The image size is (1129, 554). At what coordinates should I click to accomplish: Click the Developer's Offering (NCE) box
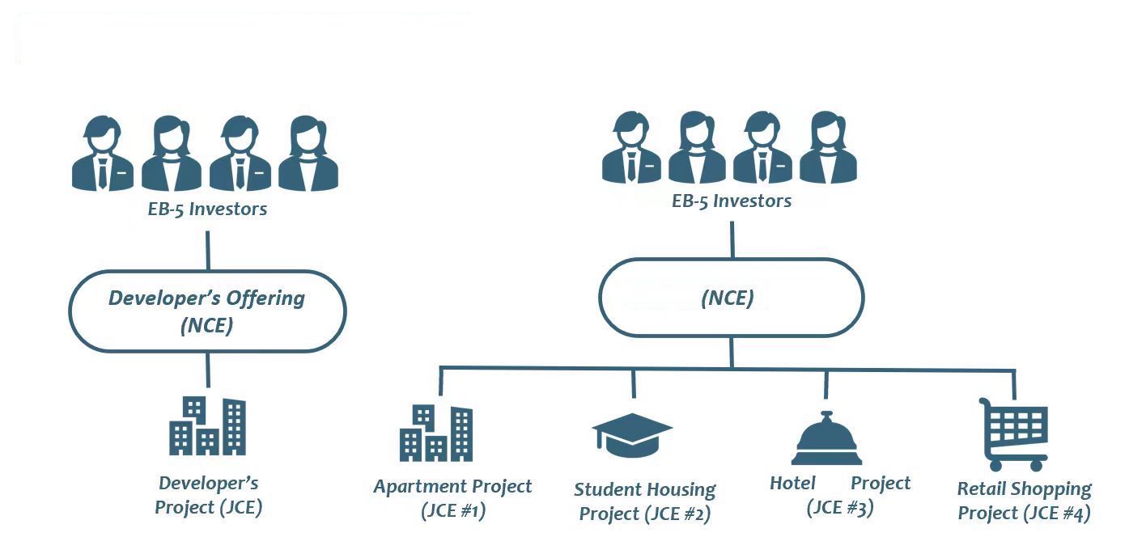207,311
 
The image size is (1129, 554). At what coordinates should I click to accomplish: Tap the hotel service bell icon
825,440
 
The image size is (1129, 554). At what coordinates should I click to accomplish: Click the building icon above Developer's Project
207,426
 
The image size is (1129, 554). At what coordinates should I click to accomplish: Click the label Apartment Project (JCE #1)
452,498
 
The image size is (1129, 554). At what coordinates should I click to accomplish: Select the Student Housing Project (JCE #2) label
645,501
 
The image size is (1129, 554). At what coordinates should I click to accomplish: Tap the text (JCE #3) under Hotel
839,508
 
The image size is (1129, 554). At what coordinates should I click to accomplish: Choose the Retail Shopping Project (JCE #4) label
1024,501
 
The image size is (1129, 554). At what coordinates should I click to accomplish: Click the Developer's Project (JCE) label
208,495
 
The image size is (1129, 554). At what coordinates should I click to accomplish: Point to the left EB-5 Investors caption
208,209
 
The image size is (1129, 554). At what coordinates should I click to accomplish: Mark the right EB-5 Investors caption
732,201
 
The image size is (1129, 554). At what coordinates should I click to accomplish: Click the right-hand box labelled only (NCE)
731,298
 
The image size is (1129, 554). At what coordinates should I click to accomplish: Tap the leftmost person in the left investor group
102,154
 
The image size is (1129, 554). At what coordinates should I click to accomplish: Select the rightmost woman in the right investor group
827,148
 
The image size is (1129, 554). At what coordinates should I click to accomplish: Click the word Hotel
792,484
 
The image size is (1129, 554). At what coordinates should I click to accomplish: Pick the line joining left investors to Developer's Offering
208,250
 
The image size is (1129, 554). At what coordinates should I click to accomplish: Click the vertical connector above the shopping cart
1015,383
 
